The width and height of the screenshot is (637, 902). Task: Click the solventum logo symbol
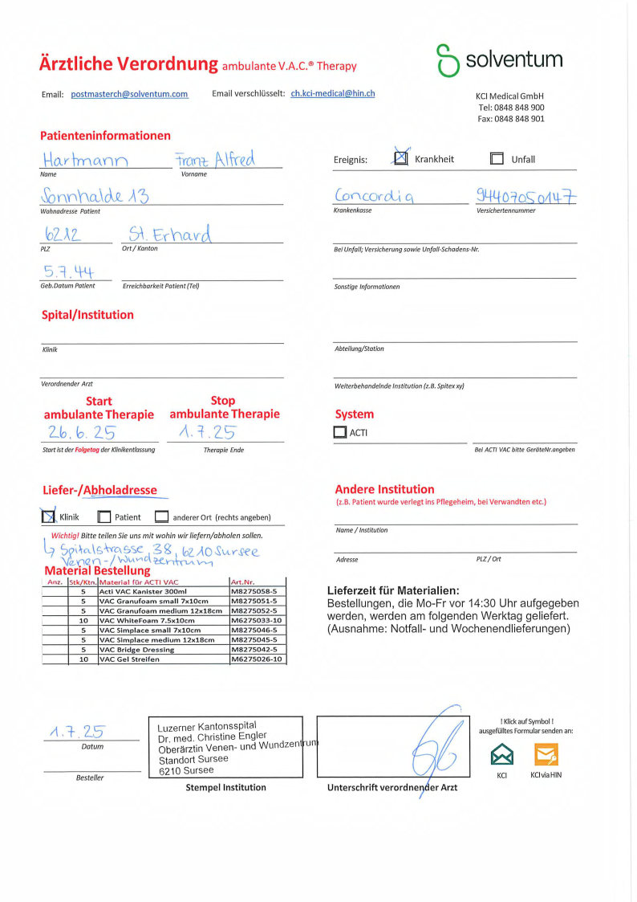(447, 60)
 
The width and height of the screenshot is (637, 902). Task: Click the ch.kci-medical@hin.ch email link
(333, 93)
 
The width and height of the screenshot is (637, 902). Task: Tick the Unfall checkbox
(497, 159)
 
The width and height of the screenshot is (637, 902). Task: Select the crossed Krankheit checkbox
(400, 158)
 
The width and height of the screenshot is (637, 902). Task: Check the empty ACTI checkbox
(340, 432)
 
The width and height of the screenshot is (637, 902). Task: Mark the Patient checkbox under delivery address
(104, 517)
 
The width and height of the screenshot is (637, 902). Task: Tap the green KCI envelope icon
(502, 754)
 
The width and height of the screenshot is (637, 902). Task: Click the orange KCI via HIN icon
(546, 754)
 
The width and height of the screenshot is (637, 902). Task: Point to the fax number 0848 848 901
(510, 119)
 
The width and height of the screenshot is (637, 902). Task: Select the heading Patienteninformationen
(105, 136)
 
